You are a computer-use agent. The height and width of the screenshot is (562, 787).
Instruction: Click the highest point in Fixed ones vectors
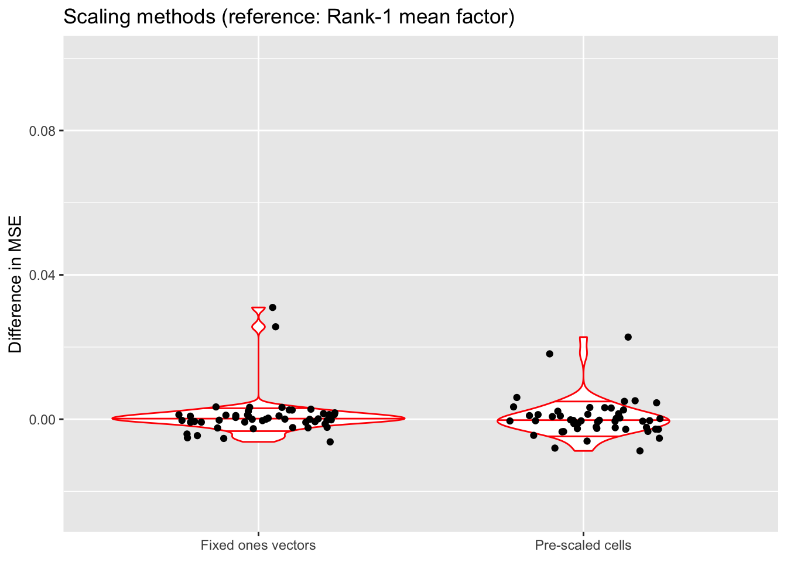pyautogui.click(x=272, y=307)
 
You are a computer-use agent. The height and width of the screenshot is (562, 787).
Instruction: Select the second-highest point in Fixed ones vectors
pyautogui.click(x=275, y=327)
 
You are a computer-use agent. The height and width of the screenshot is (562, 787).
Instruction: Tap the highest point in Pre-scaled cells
pyautogui.click(x=628, y=337)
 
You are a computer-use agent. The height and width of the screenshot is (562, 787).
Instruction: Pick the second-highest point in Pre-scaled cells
pyautogui.click(x=549, y=354)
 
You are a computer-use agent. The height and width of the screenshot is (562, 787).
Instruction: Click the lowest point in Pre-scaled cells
pyautogui.click(x=639, y=451)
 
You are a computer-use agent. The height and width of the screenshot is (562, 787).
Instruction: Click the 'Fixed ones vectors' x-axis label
pyautogui.click(x=258, y=546)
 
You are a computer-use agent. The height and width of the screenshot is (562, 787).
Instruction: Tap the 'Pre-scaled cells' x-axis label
pyautogui.click(x=583, y=546)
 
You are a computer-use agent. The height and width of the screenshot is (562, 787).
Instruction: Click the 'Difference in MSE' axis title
pyautogui.click(x=16, y=285)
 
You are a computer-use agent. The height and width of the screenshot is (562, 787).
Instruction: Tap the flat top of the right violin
pyautogui.click(x=583, y=338)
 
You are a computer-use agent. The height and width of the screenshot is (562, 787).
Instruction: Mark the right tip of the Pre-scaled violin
pyautogui.click(x=669, y=420)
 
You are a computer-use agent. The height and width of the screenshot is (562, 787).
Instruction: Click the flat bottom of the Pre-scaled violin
pyautogui.click(x=583, y=451)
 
